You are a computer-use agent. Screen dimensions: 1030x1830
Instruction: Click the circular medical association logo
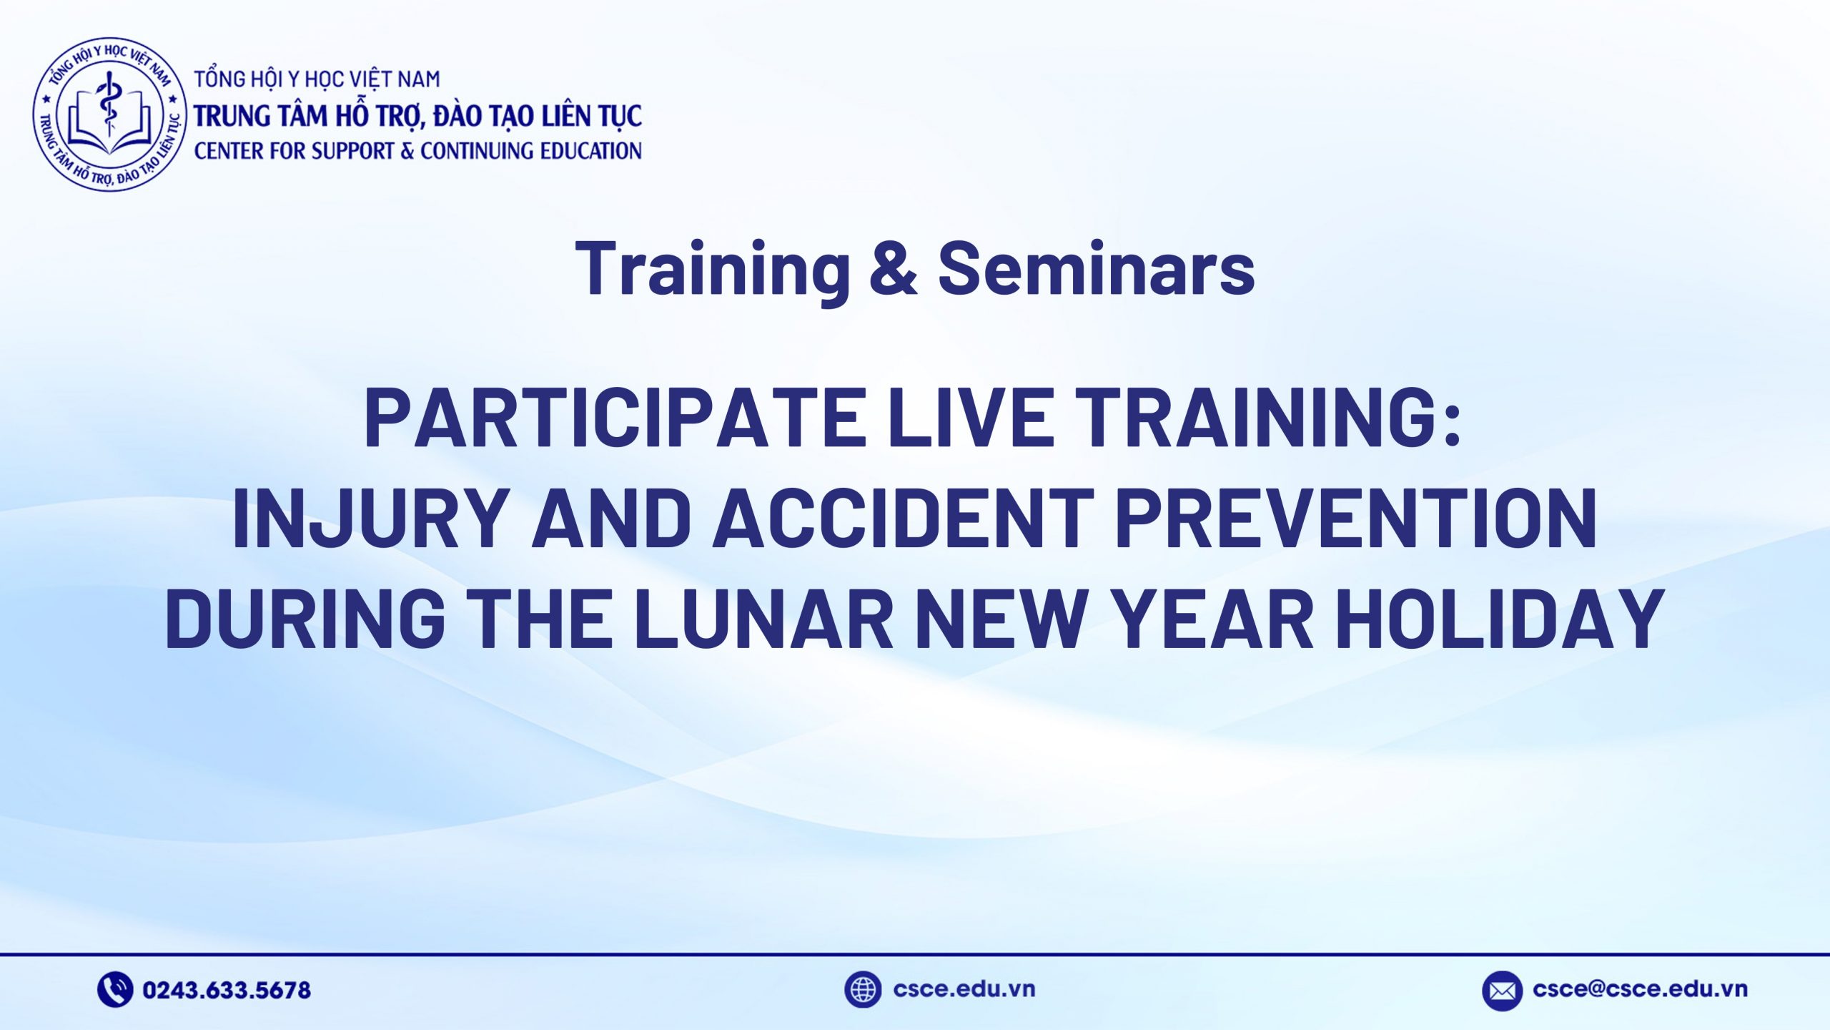point(109,114)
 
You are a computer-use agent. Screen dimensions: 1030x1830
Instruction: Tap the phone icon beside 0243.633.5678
point(115,990)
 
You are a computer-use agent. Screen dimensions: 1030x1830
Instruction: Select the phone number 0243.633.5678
point(227,991)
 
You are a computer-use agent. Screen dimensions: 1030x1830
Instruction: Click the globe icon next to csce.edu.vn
point(863,990)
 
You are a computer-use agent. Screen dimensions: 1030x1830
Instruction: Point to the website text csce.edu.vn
point(964,989)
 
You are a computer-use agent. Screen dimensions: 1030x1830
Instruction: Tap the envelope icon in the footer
point(1502,991)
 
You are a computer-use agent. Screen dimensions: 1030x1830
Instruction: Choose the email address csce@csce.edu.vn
point(1640,989)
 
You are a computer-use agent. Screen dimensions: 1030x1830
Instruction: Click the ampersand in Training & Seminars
point(894,268)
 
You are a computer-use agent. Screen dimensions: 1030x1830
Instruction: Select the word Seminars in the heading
point(1096,268)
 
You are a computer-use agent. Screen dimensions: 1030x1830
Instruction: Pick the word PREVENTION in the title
point(1356,519)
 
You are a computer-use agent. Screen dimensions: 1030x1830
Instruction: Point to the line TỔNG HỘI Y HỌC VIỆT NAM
point(317,79)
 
